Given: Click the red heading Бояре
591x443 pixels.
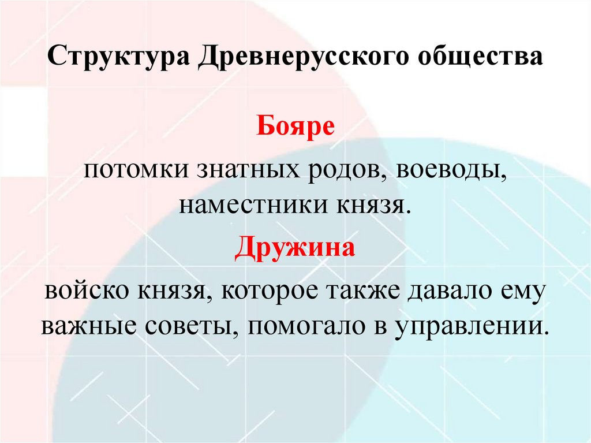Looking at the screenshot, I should click(295, 126).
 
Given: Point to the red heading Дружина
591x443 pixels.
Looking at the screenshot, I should click(295, 249).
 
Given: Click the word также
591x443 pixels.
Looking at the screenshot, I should click(365, 291).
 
